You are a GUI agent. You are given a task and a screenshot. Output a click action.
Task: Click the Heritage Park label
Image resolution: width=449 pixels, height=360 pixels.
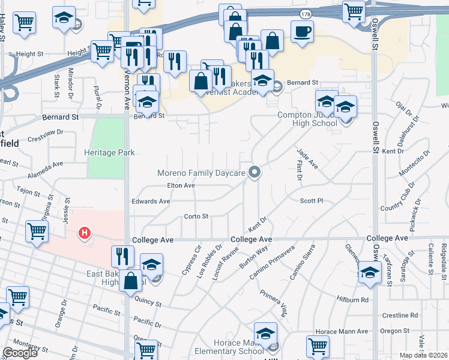(109, 153)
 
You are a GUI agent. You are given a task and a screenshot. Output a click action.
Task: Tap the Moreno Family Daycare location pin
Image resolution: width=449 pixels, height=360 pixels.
(255, 173)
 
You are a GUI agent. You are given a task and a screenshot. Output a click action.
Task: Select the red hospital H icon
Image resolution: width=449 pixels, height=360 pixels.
(85, 232)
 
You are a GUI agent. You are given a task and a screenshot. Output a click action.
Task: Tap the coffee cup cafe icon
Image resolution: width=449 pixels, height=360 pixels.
(302, 31)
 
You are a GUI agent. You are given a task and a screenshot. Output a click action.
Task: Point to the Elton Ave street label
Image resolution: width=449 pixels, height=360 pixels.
(181, 186)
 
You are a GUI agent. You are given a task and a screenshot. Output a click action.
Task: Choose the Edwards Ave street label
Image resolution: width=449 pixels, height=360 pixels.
(151, 202)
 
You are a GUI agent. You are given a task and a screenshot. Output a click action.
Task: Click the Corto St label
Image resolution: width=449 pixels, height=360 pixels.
(196, 217)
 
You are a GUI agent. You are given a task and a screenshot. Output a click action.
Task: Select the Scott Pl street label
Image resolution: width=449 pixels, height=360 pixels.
(312, 201)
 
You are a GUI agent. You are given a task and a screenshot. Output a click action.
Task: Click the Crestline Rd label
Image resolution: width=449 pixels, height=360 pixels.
(399, 315)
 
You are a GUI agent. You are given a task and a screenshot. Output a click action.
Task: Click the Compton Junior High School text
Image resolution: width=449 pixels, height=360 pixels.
(307, 119)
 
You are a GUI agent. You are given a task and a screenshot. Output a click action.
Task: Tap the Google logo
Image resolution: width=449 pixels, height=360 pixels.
(20, 353)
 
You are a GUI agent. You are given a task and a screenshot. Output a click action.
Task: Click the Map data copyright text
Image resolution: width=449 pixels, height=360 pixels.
(423, 356)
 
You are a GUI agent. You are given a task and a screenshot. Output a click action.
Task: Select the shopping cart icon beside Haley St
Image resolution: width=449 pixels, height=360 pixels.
(25, 23)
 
